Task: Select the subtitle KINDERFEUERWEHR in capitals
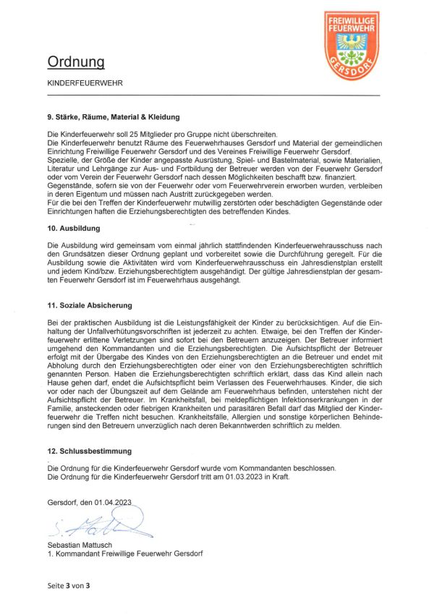(85, 83)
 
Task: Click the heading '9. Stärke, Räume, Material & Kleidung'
(114, 117)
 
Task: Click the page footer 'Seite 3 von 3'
(69, 585)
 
